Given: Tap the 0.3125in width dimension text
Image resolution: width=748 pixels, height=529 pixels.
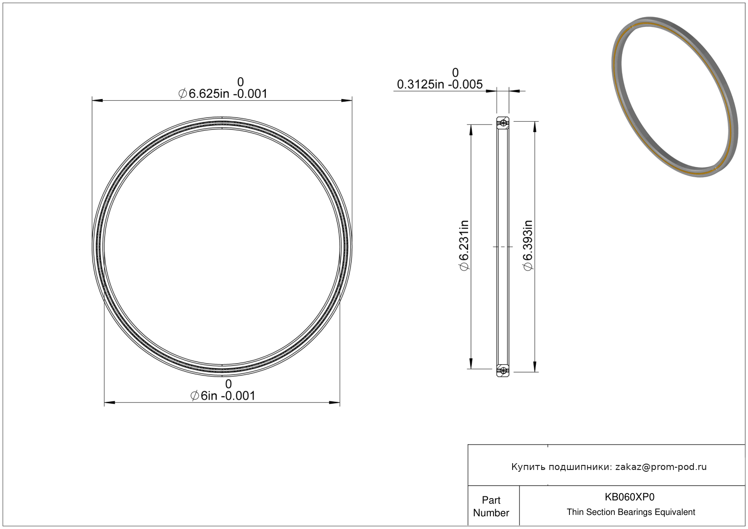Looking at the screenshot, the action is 421,84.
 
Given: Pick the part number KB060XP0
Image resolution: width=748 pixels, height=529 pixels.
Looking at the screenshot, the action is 630,497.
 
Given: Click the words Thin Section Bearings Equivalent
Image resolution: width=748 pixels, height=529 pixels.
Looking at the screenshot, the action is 631,512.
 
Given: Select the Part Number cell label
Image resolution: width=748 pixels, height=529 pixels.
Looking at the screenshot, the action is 491,506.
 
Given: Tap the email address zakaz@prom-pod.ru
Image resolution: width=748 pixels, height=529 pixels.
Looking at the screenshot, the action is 661,467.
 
